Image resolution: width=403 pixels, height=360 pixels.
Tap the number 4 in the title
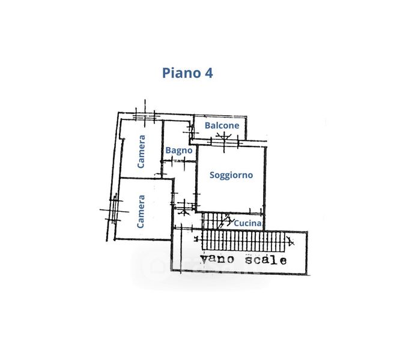[x=208, y=73]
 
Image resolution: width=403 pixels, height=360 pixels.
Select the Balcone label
[x=222, y=125]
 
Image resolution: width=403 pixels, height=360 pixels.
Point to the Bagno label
[x=179, y=151]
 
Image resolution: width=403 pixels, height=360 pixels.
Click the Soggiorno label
[x=231, y=175]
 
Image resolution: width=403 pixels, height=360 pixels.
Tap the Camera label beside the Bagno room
[x=142, y=151]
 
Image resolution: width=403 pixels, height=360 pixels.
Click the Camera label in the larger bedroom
[x=142, y=211]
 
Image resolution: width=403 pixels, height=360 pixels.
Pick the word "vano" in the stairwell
[x=217, y=260]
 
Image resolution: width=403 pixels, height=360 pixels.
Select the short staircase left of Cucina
[x=214, y=221]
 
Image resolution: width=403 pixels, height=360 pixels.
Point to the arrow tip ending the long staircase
[x=292, y=242]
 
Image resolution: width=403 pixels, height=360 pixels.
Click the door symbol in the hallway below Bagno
[x=184, y=208]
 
